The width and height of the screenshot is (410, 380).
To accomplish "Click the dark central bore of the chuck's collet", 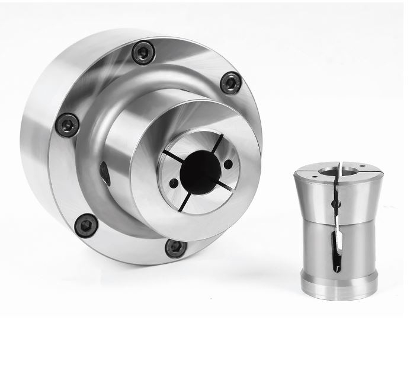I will pyautogui.click(x=200, y=172).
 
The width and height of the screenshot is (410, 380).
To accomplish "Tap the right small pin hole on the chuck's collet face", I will pyautogui.click(x=229, y=164).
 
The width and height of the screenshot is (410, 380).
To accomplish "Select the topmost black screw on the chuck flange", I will pyautogui.click(x=143, y=52).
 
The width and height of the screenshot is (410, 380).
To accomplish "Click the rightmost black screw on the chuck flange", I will pyautogui.click(x=230, y=82).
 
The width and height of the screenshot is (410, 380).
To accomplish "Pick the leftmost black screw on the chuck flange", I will pyautogui.click(x=67, y=125).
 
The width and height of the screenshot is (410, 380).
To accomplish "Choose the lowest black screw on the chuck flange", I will pyautogui.click(x=176, y=248).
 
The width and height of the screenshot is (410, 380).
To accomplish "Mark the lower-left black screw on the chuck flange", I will pyautogui.click(x=87, y=225).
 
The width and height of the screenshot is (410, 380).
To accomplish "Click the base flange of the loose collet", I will pyautogui.click(x=338, y=283).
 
